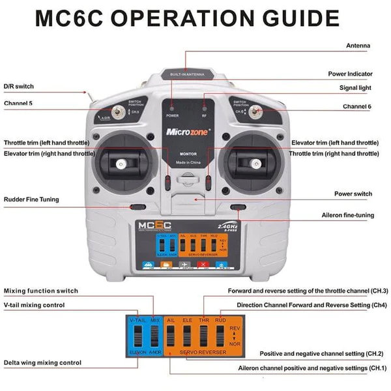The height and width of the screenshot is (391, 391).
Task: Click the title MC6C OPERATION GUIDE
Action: click(187, 18)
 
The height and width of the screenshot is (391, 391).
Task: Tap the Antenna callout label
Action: click(358, 46)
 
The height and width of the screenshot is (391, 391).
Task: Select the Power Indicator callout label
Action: click(350, 75)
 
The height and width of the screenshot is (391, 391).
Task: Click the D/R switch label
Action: click(19, 86)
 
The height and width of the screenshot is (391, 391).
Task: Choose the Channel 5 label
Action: click(19, 103)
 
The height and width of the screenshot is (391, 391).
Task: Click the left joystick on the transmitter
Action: click(121, 164)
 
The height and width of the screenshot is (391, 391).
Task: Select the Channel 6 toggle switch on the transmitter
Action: click(256, 111)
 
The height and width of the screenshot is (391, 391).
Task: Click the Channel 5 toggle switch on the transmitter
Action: click(119, 112)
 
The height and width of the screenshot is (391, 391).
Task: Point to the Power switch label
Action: click(353, 194)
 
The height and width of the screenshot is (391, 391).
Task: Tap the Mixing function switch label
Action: click(41, 291)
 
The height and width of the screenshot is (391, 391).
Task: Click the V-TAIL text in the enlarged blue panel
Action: click(138, 321)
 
